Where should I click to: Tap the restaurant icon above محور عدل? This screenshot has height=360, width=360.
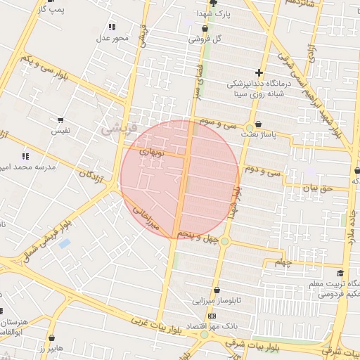[x=112, y=27]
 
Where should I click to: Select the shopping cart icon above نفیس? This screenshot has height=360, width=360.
[x=60, y=120]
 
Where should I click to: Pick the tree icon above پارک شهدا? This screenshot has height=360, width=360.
[x=213, y=4]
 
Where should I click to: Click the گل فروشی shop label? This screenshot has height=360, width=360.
[x=205, y=39]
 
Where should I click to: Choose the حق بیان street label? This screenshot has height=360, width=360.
[x=316, y=188]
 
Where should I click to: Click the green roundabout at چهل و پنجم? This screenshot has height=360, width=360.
[x=224, y=241]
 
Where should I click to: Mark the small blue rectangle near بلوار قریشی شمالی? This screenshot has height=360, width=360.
[x=64, y=244]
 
